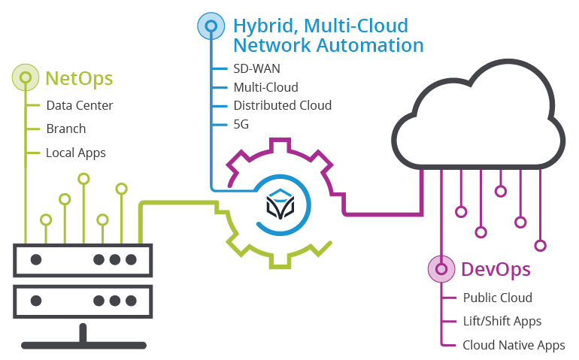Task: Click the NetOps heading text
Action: click(80, 78)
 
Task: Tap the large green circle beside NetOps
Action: click(26, 78)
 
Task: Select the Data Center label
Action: click(79, 105)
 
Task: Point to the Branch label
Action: click(65, 129)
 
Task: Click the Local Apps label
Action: click(75, 153)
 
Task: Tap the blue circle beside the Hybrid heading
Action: click(211, 26)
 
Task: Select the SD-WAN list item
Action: click(256, 68)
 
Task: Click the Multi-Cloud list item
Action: click(265, 87)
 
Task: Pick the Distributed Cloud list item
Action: click(282, 105)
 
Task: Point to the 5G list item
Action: click(241, 123)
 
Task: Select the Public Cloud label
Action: click(497, 298)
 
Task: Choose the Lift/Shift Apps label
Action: click(502, 321)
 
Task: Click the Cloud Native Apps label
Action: click(514, 345)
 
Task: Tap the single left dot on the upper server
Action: click(35, 260)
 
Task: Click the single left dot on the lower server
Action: click(35, 301)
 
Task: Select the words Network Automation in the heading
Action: click(328, 45)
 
